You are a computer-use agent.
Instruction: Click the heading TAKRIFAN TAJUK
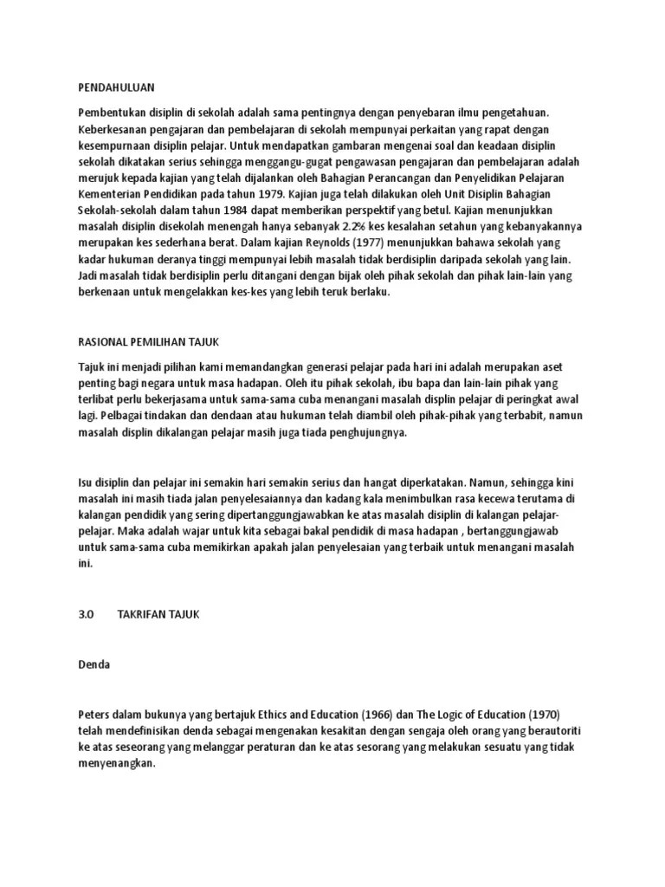[158, 613]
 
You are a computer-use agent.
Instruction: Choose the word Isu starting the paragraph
[86, 481]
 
